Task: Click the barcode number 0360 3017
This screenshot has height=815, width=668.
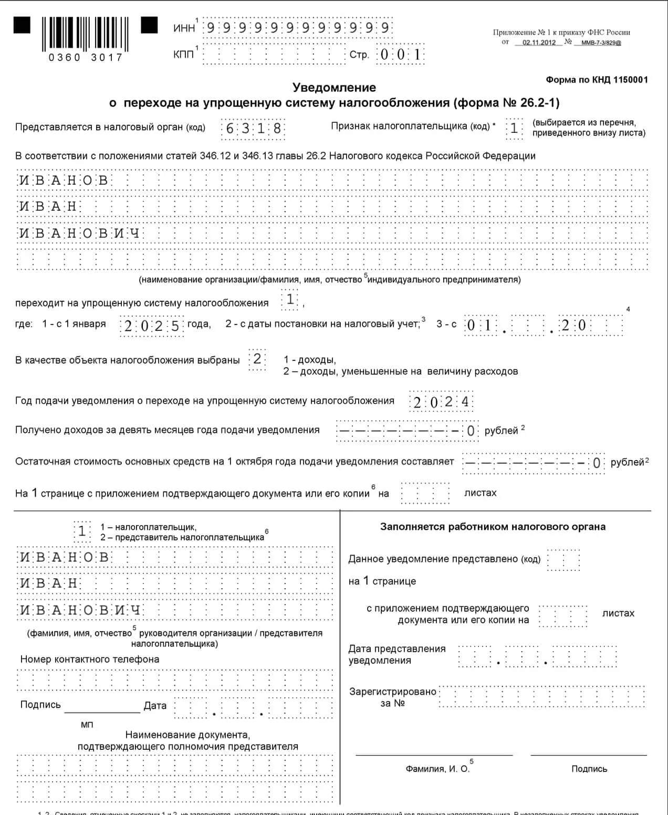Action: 85,57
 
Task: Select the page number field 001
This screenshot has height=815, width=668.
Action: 400,55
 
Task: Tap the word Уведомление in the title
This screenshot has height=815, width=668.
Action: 334,88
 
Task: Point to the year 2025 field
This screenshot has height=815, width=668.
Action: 152,326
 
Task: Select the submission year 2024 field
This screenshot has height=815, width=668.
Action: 441,402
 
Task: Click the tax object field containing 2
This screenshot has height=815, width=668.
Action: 257,359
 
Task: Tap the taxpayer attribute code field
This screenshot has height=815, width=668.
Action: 514,128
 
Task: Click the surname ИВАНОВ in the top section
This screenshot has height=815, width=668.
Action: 64,181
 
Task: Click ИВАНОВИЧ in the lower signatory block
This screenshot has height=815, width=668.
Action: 80,610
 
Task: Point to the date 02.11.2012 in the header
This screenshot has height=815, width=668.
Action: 539,43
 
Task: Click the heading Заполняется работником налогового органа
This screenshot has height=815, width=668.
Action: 493,527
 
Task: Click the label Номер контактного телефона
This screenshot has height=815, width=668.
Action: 90,659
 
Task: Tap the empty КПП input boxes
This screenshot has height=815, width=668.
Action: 273,55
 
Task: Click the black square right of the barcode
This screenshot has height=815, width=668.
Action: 149,25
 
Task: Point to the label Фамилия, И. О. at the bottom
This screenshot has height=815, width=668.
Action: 437,769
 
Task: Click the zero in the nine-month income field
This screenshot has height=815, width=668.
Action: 471,431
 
